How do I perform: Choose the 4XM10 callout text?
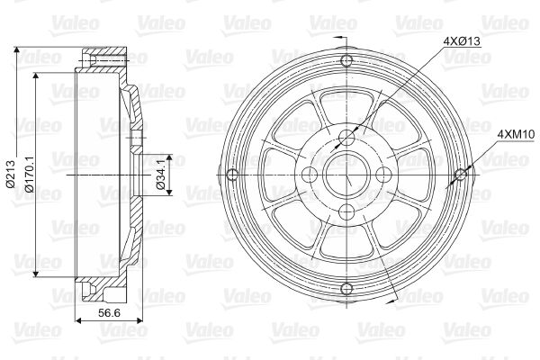click(512, 134)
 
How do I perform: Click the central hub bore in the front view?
click(346, 173)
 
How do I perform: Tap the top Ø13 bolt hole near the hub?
click(346, 137)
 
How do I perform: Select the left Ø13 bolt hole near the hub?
click(310, 173)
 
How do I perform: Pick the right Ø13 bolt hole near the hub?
click(382, 173)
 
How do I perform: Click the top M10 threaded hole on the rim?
click(346, 60)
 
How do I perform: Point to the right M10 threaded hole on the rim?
click(460, 173)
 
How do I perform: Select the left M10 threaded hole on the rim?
click(233, 173)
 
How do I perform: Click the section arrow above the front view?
click(338, 37)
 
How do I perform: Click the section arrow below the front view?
click(338, 312)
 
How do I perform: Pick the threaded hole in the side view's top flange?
click(90, 60)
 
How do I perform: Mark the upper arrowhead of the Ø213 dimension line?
click(20, 46)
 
